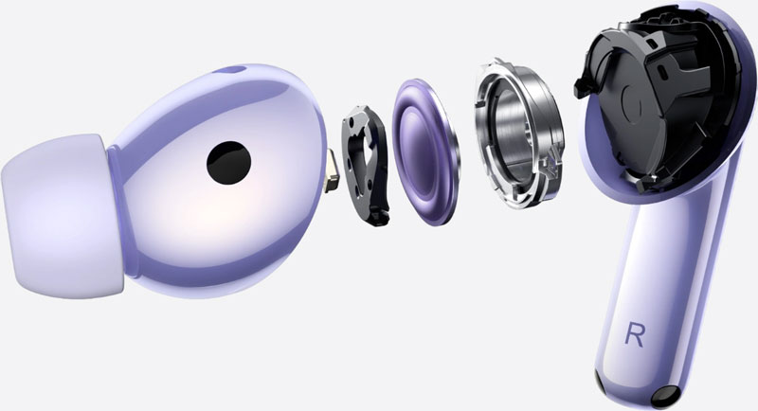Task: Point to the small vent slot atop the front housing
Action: pyautogui.click(x=233, y=70)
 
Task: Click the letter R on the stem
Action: pyautogui.click(x=639, y=332)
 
